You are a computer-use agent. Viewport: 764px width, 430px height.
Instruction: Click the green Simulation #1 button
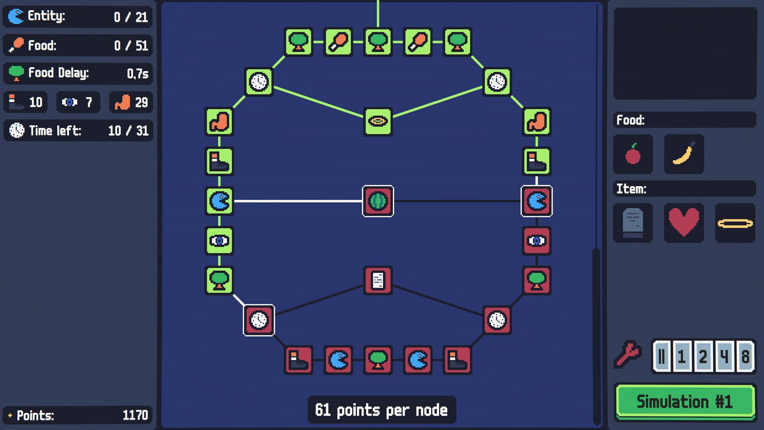point(684,401)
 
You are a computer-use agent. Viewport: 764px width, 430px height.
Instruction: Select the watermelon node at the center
point(378,201)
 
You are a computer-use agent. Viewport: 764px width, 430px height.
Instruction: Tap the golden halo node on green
point(378,121)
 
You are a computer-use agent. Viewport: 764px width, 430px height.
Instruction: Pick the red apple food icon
point(633,154)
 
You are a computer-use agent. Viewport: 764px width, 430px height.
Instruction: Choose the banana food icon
point(684,154)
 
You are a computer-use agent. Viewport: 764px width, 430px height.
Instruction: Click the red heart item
point(684,223)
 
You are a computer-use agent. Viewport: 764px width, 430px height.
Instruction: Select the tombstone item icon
point(633,223)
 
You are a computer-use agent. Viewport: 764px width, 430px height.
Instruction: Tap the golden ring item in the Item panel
point(735,223)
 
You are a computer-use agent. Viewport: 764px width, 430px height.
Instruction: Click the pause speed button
point(661,356)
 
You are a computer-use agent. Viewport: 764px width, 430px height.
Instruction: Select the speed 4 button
point(724,356)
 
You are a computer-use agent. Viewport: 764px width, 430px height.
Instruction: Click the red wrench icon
point(628,354)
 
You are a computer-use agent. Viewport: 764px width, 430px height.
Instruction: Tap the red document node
point(378,280)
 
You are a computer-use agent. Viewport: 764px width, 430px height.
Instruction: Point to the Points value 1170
point(135,415)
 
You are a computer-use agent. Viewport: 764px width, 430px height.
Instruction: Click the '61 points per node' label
point(381,410)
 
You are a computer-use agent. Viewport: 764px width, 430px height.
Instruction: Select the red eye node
point(536,240)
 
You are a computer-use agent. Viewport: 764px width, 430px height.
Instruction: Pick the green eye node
point(219,240)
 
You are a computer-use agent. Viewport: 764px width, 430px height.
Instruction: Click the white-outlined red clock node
point(259,320)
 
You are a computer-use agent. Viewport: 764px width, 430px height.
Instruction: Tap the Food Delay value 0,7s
point(137,74)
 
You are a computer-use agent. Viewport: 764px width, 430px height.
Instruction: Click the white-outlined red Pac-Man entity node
point(536,201)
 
